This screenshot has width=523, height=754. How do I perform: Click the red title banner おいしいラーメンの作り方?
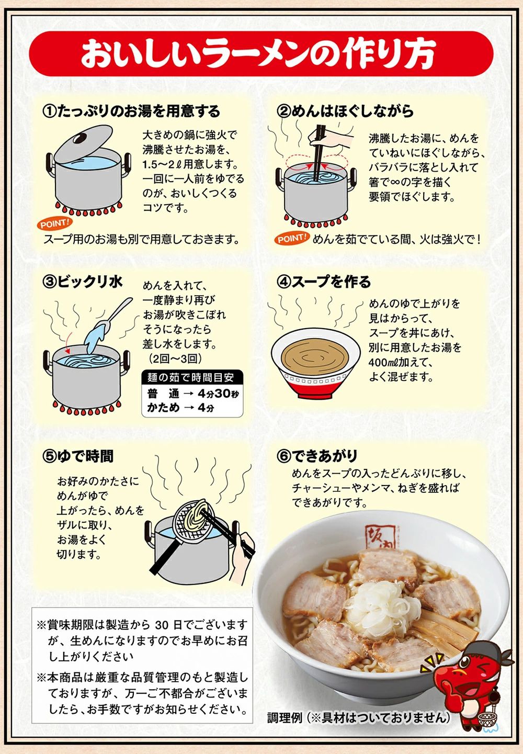click(x=261, y=54)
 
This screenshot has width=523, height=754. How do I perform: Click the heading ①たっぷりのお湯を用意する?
click(x=131, y=111)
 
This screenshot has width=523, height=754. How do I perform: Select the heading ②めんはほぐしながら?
click(x=345, y=111)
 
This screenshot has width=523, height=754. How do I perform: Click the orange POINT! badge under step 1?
click(x=54, y=223)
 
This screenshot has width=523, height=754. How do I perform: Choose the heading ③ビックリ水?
click(x=83, y=282)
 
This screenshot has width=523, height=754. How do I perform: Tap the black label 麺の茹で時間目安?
click(x=192, y=377)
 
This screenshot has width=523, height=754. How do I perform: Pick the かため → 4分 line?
click(x=181, y=408)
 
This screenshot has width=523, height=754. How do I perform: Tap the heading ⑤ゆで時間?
click(x=78, y=456)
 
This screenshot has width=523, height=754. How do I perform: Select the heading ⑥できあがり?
click(x=317, y=456)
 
